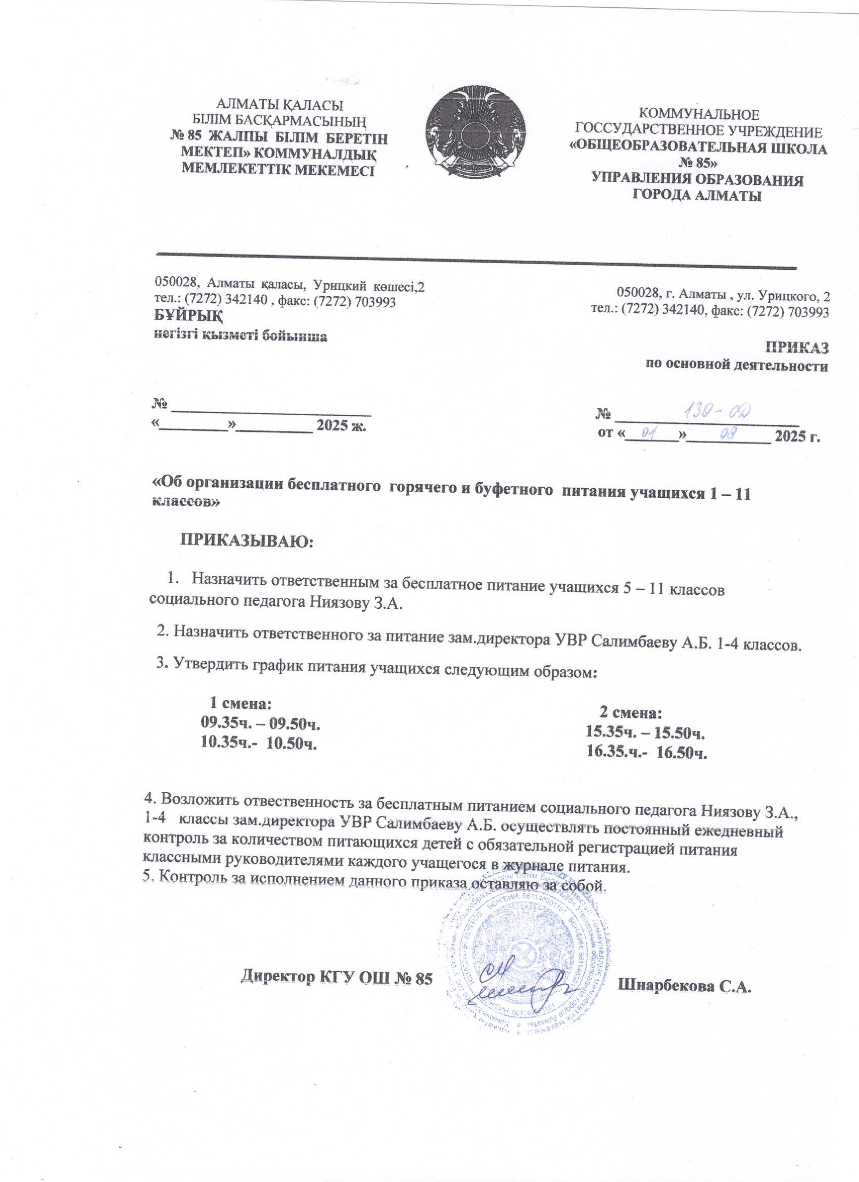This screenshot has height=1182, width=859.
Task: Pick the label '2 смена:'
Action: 631,711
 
